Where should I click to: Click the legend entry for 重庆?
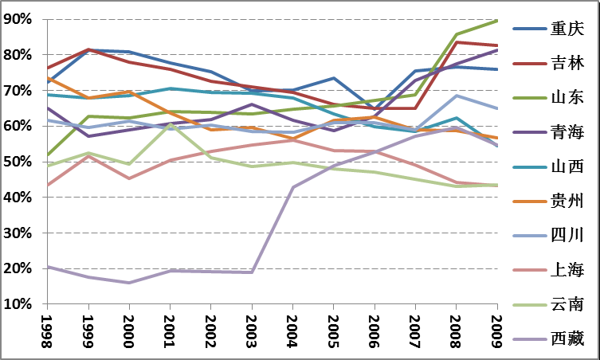pyautogui.click(x=567, y=29)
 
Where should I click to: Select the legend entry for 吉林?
pyautogui.click(x=567, y=63)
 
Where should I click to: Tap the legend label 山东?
pyautogui.click(x=567, y=97)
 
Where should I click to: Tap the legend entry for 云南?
pyautogui.click(x=567, y=304)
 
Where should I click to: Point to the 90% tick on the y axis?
pyautogui.click(x=19, y=19)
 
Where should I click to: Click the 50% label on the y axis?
pyautogui.click(x=19, y=162)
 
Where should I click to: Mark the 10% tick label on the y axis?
pyautogui.click(x=19, y=304)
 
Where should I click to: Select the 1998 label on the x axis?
pyautogui.click(x=47, y=328)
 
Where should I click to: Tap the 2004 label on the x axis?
pyautogui.click(x=293, y=328)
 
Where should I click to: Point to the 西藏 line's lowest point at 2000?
pyautogui.click(x=129, y=283)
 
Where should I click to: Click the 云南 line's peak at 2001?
pyautogui.click(x=170, y=124)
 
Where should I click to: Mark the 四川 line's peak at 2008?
pyautogui.click(x=457, y=96)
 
